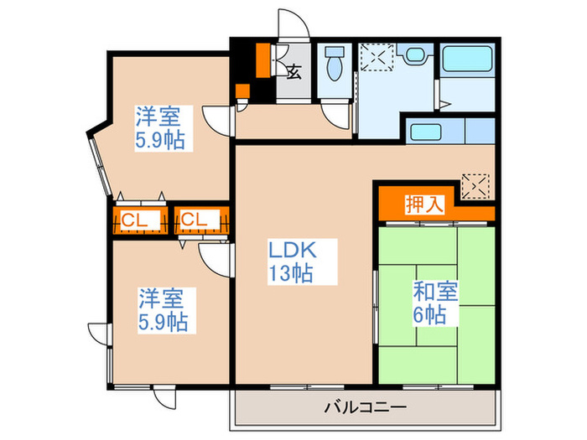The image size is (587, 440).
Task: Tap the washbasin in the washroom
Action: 414,56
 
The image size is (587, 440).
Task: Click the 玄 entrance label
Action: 294,72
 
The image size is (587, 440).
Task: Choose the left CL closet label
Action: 134,220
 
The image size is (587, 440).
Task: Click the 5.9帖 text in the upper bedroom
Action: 160,140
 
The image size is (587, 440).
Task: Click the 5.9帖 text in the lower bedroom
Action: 163,321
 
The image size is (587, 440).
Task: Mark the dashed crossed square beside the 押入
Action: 475,184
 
